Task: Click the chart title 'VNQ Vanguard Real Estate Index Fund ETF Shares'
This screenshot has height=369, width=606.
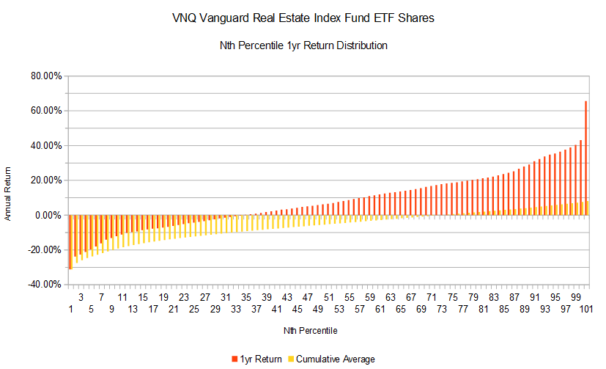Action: pyautogui.click(x=303, y=18)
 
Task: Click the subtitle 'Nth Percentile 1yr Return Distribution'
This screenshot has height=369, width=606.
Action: pyautogui.click(x=303, y=45)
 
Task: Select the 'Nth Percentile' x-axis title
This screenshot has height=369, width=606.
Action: pyautogui.click(x=310, y=331)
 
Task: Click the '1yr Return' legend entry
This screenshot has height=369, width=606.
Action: pyautogui.click(x=257, y=359)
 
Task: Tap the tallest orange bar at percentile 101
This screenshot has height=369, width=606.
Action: pyautogui.click(x=585, y=158)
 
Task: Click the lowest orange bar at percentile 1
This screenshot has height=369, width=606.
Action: pyautogui.click(x=70, y=242)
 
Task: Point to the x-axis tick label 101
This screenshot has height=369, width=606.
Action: pyautogui.click(x=586, y=310)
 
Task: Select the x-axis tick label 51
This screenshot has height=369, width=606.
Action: pyautogui.click(x=329, y=298)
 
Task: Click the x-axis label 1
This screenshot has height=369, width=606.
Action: pyautogui.click(x=71, y=310)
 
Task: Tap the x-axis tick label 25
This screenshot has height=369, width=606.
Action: pyautogui.click(x=194, y=310)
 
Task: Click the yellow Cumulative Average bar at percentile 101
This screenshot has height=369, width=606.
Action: pyautogui.click(x=588, y=208)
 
